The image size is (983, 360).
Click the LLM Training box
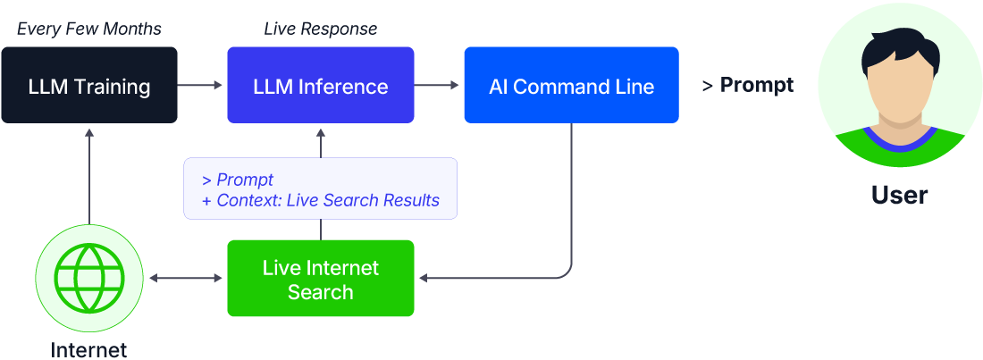88,86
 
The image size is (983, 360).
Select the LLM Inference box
320,86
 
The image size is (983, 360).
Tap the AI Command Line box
571,86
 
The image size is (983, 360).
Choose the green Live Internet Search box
320,279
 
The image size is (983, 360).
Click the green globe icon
88,278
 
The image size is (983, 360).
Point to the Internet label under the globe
88,349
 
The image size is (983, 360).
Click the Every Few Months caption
88,29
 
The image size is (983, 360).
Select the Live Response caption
320,29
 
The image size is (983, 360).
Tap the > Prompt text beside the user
747,86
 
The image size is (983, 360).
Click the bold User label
899,196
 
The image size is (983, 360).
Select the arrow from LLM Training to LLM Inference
201,86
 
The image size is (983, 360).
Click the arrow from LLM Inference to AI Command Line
438,86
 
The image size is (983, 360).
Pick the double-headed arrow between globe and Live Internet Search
185,279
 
